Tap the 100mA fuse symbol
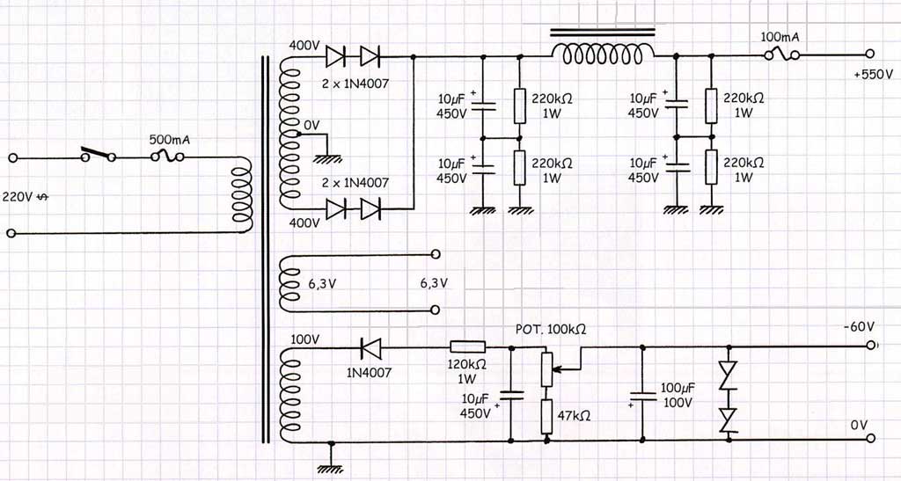coord(782,55)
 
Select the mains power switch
coord(99,155)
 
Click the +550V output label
coord(874,76)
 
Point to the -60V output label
coord(859,326)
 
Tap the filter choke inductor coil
coord(603,55)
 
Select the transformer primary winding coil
coord(242,194)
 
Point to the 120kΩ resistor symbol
coord(467,346)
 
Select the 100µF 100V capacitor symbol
coord(641,396)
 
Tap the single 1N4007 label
coord(369,373)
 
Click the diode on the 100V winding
coord(370,347)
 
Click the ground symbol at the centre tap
coord(327,159)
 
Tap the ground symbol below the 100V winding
coord(331,469)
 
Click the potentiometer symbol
coord(548,369)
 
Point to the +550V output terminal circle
coord(870,54)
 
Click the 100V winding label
coord(304,339)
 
